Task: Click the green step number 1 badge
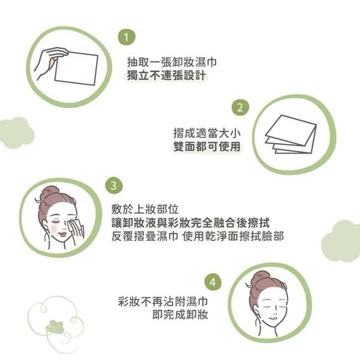(x=127, y=37)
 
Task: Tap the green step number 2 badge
(x=240, y=107)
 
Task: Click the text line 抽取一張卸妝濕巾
(x=167, y=61)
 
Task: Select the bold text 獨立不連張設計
(x=167, y=75)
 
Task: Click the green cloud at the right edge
(x=343, y=241)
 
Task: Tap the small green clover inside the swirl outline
(x=55, y=326)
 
